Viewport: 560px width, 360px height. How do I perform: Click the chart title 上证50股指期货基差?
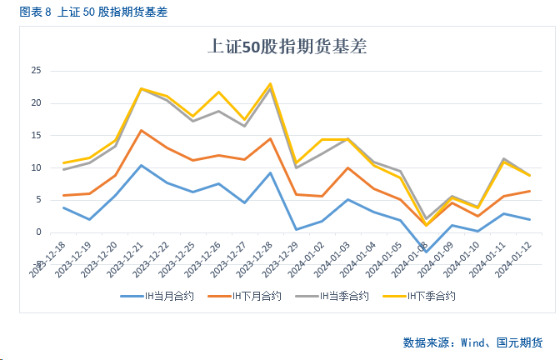pyautogui.click(x=287, y=47)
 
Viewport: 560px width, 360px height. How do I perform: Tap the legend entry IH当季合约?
pyautogui.click(x=342, y=296)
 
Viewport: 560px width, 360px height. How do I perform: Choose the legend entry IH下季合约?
pyautogui.click(x=431, y=296)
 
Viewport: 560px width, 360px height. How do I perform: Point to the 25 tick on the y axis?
pyautogui.click(x=36, y=71)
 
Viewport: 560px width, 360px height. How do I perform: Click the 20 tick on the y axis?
pyautogui.click(x=36, y=103)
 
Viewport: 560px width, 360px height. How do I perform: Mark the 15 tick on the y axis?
pyautogui.click(x=36, y=136)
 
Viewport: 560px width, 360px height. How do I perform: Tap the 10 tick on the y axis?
pyautogui.click(x=36, y=167)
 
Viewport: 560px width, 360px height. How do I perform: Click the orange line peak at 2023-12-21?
pyautogui.click(x=142, y=130)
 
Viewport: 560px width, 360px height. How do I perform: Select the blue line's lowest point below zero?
pyautogui.click(x=427, y=252)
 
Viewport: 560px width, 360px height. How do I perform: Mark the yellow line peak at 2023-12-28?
pyautogui.click(x=270, y=83)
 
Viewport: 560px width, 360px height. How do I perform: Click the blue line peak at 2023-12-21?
pyautogui.click(x=142, y=165)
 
